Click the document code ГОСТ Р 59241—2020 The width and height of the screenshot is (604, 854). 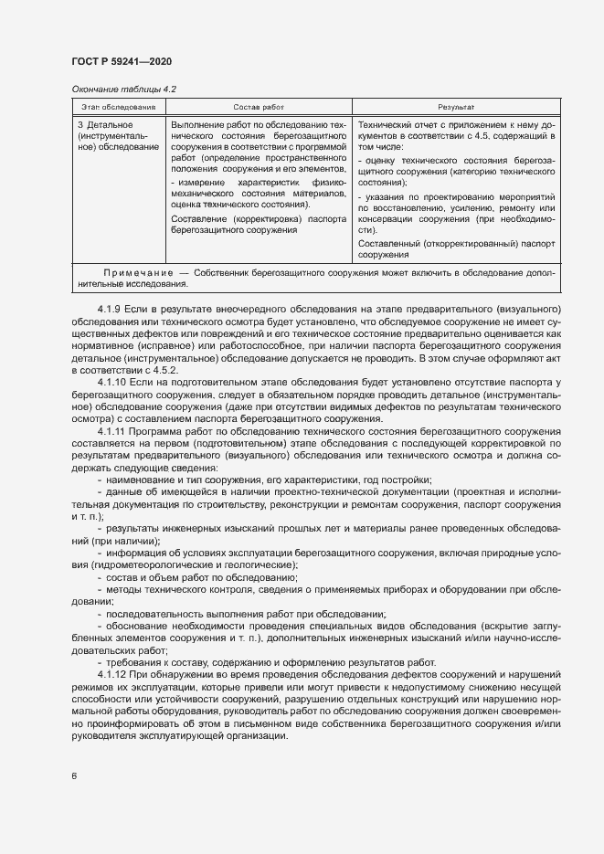click(121, 61)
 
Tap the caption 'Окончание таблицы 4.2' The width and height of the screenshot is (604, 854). click(123, 89)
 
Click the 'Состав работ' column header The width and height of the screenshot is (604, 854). click(259, 107)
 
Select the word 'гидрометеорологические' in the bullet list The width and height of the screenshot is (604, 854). click(145, 566)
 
